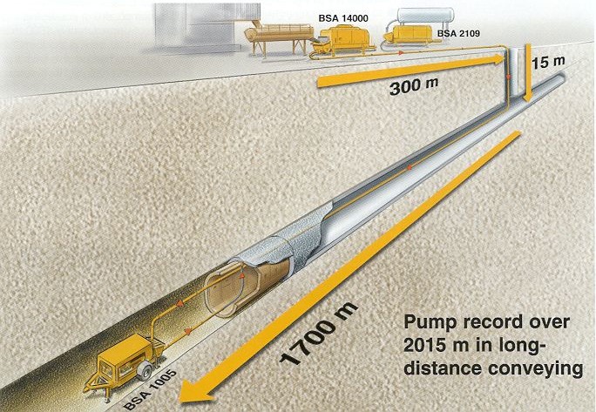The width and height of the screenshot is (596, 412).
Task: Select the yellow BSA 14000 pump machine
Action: click(347, 40)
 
